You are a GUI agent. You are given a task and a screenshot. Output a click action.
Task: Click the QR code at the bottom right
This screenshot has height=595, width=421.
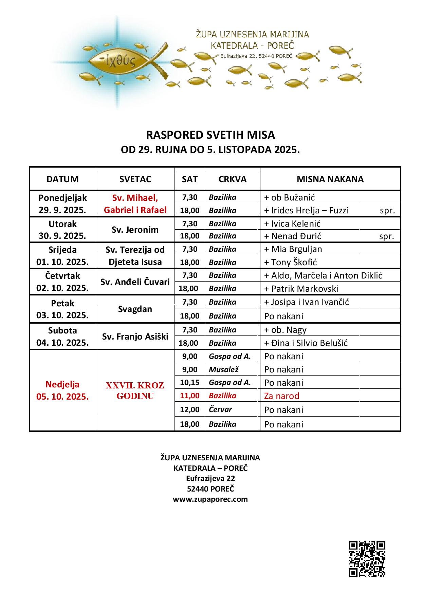pyautogui.click(x=367, y=559)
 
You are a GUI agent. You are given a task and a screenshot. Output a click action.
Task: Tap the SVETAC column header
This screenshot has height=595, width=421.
pyautogui.click(x=135, y=179)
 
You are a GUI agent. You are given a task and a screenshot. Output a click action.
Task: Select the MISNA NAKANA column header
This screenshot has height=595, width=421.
pyautogui.click(x=330, y=179)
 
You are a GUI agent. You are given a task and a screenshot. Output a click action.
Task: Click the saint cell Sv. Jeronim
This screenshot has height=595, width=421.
pyautogui.click(x=135, y=230)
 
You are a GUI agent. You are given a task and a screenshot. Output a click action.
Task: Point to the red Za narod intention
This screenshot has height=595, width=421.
pyautogui.click(x=282, y=396)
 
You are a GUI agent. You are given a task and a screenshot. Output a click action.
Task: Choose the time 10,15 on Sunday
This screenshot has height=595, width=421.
pyautogui.click(x=190, y=382)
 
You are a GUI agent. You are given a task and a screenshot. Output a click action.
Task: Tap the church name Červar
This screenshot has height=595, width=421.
pyautogui.click(x=220, y=409)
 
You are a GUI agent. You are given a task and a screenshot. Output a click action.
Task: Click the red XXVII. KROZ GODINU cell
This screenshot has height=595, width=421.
pyautogui.click(x=135, y=390)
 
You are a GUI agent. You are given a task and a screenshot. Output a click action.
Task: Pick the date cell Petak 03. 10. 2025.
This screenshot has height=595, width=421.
pyautogui.click(x=62, y=309)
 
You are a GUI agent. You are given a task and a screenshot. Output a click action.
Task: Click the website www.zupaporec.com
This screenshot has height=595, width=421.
pyautogui.click(x=210, y=499)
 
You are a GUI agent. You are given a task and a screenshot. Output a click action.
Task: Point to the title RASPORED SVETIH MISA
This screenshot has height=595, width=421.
pyautogui.click(x=210, y=135)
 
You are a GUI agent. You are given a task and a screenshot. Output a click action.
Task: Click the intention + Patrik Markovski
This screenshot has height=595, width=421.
pyautogui.click(x=301, y=289)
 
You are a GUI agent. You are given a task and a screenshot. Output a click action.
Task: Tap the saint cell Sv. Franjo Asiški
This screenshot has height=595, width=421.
pyautogui.click(x=135, y=337)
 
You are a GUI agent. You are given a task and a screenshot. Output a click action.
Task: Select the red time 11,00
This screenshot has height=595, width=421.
pyautogui.click(x=190, y=396)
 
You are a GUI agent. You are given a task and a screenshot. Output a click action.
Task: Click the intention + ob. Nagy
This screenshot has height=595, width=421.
pyautogui.click(x=286, y=330)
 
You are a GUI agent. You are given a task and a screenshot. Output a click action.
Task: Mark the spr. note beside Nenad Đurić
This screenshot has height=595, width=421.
pyautogui.click(x=387, y=236)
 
